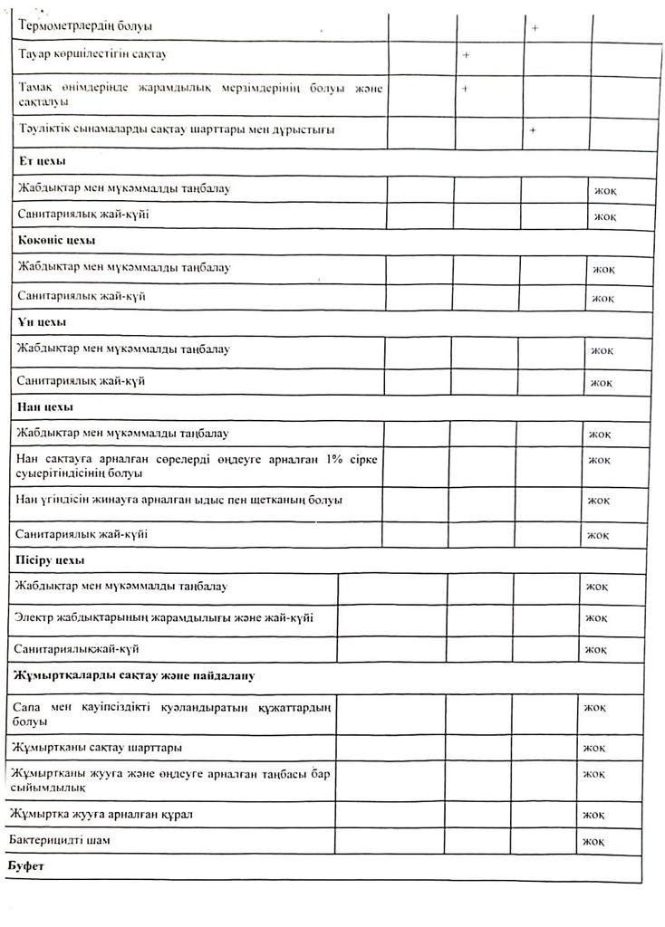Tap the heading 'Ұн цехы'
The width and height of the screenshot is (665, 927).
click(42, 321)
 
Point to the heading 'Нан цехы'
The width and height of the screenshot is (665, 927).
click(45, 406)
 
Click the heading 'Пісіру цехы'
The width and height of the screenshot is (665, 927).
click(51, 560)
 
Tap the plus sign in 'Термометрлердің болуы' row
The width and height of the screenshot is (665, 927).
click(535, 28)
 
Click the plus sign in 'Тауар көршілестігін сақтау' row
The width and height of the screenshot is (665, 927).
click(466, 56)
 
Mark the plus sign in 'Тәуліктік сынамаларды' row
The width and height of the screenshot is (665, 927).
click(533, 130)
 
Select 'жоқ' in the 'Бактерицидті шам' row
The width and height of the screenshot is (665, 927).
click(593, 841)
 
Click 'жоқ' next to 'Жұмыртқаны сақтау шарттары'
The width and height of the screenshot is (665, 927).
click(594, 748)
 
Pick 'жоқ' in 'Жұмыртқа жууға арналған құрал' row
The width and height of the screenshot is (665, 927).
click(594, 815)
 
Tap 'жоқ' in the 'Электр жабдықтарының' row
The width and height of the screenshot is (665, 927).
click(595, 617)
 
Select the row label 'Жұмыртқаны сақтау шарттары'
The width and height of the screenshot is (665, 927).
click(99, 749)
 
